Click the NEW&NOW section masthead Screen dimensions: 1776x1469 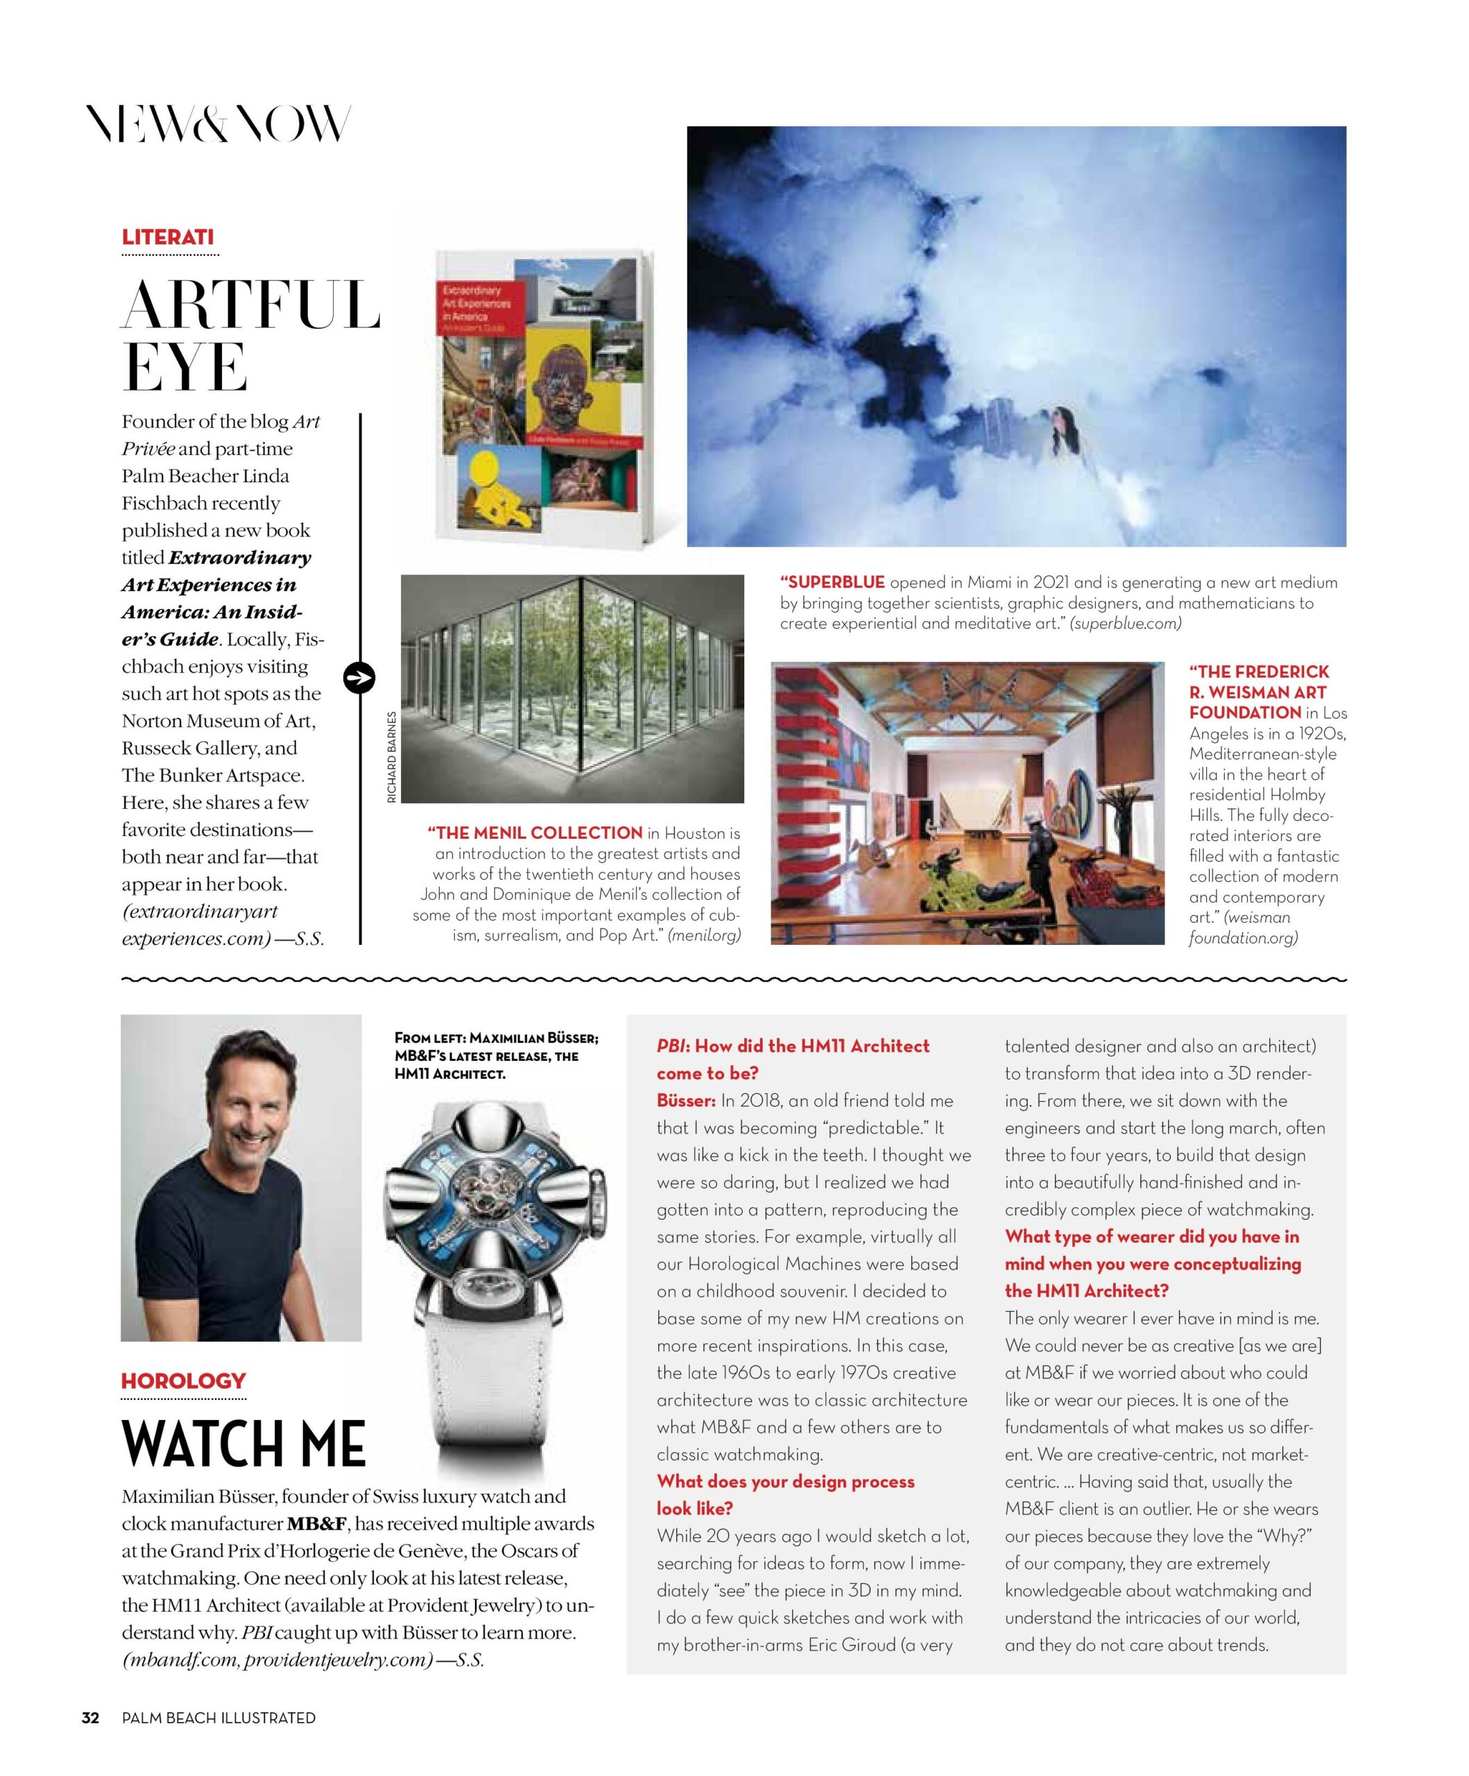click(x=218, y=123)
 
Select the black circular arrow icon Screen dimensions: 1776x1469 click(x=359, y=677)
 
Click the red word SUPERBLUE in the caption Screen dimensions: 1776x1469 click(x=832, y=583)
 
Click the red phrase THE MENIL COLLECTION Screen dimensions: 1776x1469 click(x=535, y=833)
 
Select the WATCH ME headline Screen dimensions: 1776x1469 click(x=243, y=1442)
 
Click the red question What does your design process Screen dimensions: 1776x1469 click(x=786, y=1481)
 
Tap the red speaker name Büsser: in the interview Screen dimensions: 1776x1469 click(x=686, y=1100)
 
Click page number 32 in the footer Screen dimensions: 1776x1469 click(x=90, y=1718)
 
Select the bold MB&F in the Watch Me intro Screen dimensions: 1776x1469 click(x=316, y=1524)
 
